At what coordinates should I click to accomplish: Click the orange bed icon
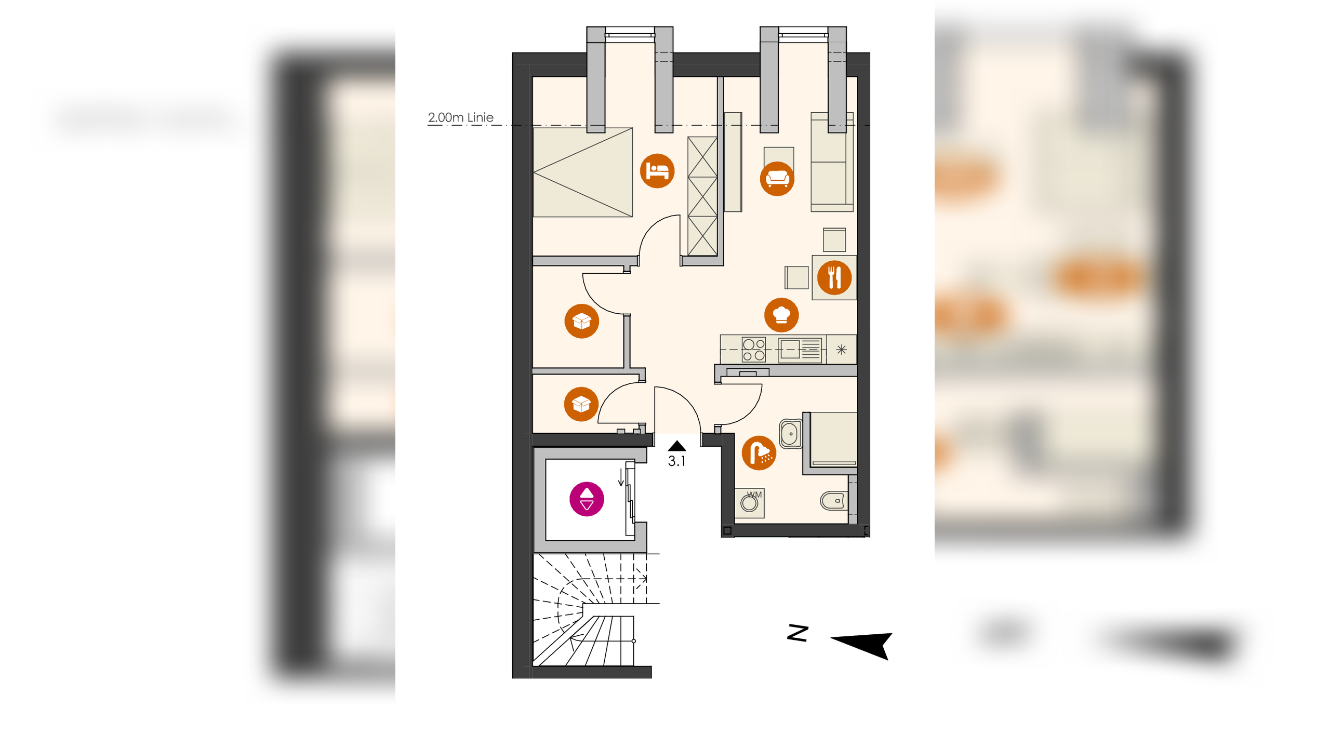point(657,171)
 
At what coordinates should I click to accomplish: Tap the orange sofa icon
point(777,179)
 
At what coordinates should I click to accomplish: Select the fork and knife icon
point(834,277)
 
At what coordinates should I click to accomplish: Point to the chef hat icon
point(781,315)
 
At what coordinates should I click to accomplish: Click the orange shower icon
point(759,453)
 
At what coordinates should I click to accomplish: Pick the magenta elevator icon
point(587,499)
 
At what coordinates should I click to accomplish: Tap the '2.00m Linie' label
point(460,117)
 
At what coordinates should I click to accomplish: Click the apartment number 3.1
point(676,461)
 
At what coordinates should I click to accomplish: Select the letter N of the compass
point(798,633)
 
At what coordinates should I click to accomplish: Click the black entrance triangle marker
point(677,446)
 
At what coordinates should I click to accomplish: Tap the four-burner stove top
point(753,350)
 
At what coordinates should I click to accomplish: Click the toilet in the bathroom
point(833,501)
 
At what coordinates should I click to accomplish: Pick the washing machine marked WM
point(750,503)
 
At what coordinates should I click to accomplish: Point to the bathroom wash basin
point(791,434)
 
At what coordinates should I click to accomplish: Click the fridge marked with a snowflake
point(842,350)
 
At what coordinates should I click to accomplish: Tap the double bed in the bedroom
point(583,172)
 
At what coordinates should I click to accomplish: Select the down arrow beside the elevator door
point(621,477)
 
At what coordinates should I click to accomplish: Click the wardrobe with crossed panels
point(702,196)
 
